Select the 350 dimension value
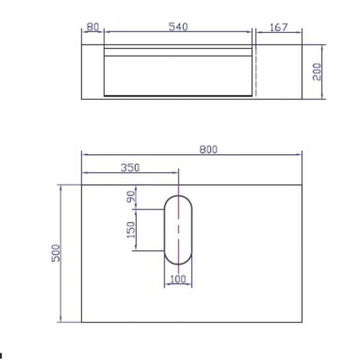click(x=130, y=167)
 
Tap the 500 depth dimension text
click(x=55, y=252)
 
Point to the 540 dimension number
click(x=179, y=27)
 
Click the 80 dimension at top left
click(x=92, y=27)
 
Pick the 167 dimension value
click(x=279, y=27)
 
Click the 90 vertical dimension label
click(x=132, y=196)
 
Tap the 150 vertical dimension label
click(x=130, y=230)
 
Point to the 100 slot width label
click(x=178, y=279)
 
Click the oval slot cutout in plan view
click(x=178, y=229)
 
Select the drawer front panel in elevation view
click(x=179, y=75)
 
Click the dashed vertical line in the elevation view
click(x=256, y=73)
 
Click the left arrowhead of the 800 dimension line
click(x=84, y=155)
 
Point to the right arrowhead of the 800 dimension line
click(x=300, y=155)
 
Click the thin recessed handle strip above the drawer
click(x=179, y=51)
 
